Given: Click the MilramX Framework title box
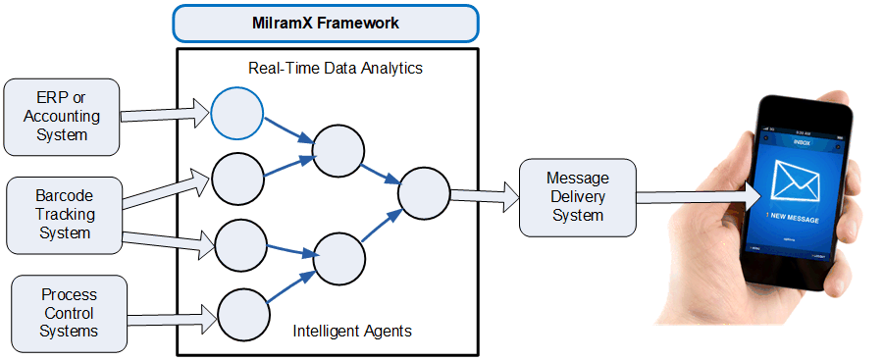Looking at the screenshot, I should [326, 22].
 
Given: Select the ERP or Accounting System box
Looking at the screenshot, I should [61, 117].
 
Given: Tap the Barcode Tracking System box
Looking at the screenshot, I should [64, 215].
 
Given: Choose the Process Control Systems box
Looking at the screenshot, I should [69, 313].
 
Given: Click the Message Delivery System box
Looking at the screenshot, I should [577, 196].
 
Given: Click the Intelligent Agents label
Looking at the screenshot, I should [352, 332].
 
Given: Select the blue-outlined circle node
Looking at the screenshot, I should [237, 114].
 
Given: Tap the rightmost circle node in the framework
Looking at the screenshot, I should [424, 192].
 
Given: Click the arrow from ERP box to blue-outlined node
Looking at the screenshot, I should [165, 115].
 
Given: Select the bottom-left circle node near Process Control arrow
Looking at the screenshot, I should [241, 316].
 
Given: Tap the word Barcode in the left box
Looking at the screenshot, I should [64, 195].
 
